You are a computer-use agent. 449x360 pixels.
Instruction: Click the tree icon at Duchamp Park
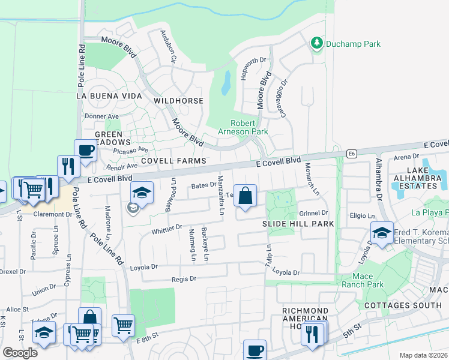coord(316,43)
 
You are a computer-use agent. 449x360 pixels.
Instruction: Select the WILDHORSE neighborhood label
coord(178,101)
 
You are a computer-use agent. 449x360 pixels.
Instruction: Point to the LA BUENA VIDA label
coord(109,95)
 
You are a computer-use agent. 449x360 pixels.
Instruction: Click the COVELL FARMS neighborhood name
coord(173,161)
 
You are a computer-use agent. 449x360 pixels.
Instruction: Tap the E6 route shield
coord(351,153)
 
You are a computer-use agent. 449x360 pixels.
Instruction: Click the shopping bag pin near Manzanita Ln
coord(245,196)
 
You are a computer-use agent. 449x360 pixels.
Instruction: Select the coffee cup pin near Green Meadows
coord(85,151)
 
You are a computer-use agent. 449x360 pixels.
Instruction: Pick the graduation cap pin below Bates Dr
coord(142,193)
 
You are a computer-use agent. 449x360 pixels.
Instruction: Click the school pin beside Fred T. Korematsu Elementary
coord(382,233)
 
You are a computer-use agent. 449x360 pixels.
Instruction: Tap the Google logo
coord(20,353)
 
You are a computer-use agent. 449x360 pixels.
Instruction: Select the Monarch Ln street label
coord(311,179)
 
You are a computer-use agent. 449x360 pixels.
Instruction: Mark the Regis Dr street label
coord(184,278)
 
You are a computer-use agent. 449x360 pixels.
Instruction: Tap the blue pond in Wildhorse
coord(226,83)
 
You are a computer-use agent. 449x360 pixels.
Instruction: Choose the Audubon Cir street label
coord(167,47)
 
